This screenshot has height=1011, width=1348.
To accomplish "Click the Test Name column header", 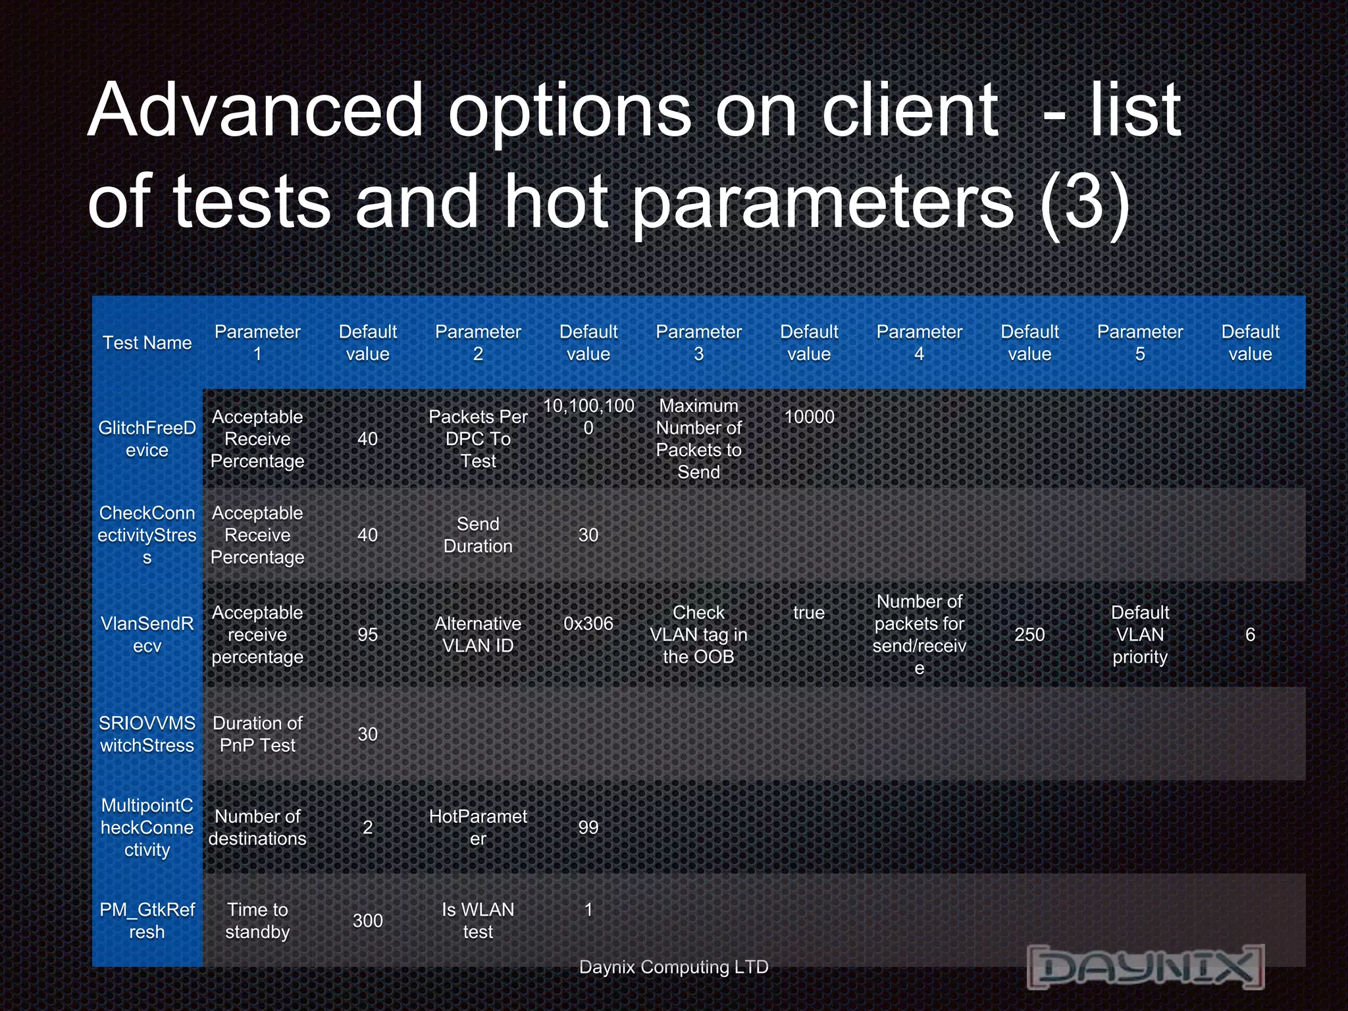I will tap(147, 343).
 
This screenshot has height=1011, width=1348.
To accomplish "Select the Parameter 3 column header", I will tap(698, 343).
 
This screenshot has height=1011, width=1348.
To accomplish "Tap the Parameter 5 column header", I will tap(1139, 343).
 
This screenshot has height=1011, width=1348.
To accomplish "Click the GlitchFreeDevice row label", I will tap(147, 439).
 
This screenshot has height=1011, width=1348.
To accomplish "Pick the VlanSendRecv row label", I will tap(147, 635).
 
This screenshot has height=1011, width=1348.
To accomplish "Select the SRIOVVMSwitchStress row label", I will tap(147, 734).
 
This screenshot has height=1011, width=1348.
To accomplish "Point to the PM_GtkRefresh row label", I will tap(147, 920).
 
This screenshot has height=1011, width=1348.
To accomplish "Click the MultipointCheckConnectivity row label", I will tap(147, 827).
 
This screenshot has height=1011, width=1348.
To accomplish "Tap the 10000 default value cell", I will tap(809, 417).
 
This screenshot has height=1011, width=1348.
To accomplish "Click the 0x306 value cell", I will tap(588, 623).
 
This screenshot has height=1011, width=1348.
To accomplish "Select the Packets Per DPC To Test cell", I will tap(478, 439).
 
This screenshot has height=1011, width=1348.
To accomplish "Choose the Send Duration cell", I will tap(478, 535).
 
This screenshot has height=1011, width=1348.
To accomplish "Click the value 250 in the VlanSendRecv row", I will tap(1029, 635).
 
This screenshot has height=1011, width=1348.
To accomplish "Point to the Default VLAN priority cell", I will tap(1139, 635).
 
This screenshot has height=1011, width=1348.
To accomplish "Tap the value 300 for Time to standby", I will tap(367, 920).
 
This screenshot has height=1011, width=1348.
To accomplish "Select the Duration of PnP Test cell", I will tap(257, 734).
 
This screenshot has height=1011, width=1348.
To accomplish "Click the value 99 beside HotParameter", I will tap(588, 827).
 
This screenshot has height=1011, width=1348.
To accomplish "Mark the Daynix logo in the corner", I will tap(1145, 966).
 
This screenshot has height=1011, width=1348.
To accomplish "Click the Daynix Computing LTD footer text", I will tap(673, 967).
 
